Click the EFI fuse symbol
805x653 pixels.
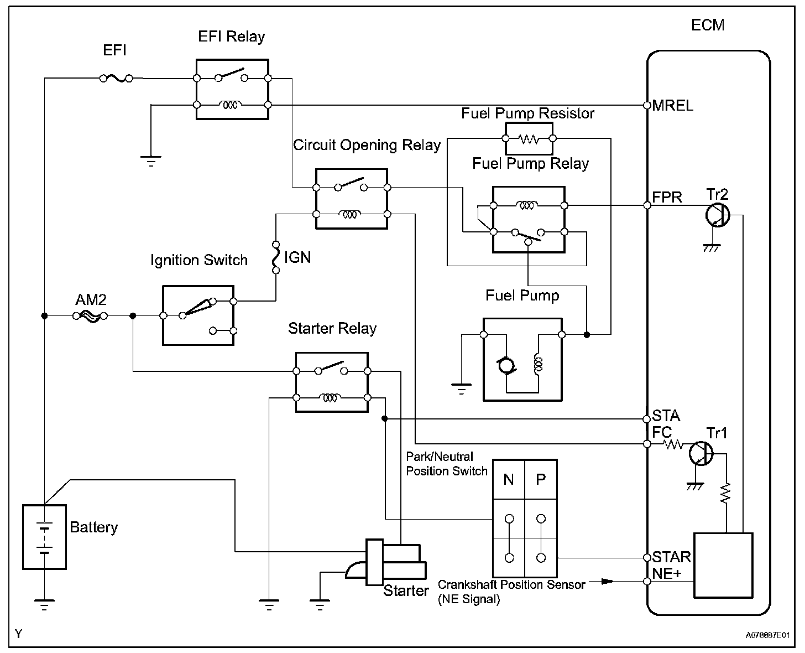(116, 79)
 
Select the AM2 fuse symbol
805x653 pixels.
(90, 316)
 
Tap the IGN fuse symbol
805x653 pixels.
(275, 257)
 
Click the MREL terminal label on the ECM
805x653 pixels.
(672, 105)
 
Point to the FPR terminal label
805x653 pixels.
(667, 198)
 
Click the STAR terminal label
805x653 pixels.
(671, 557)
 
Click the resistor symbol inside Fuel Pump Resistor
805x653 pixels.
(529, 139)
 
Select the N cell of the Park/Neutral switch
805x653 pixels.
(509, 479)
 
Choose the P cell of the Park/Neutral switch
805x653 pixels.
(541, 479)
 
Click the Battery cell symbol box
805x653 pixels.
(44, 536)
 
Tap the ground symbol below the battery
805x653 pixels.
(44, 604)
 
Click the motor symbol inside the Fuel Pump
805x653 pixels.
(506, 366)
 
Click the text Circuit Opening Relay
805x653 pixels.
(367, 145)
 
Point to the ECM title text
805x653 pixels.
(708, 25)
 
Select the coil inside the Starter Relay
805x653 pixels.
(331, 397)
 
